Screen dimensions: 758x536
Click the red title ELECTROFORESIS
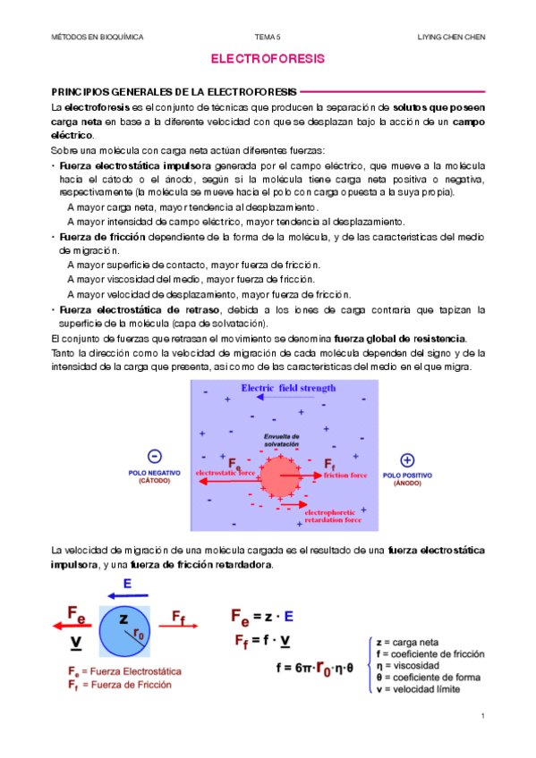(x=267, y=60)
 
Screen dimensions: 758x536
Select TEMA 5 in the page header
(x=268, y=37)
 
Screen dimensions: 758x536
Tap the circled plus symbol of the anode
(x=407, y=459)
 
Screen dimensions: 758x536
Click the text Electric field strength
(x=287, y=388)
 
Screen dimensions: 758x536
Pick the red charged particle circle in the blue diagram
(x=282, y=476)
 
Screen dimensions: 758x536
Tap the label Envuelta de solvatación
(x=281, y=440)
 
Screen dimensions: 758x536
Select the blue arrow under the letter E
(x=128, y=594)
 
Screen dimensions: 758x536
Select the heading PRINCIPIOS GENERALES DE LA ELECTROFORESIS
(x=175, y=91)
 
